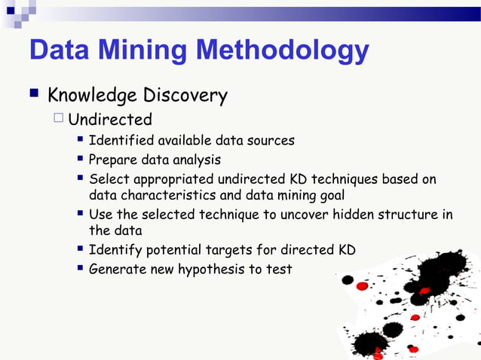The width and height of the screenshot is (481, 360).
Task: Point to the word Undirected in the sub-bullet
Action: (x=110, y=120)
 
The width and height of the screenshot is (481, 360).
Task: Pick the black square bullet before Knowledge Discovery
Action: (x=34, y=95)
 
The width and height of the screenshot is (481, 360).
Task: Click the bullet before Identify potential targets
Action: (x=79, y=249)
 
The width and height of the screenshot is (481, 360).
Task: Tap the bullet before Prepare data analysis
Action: (x=79, y=159)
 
